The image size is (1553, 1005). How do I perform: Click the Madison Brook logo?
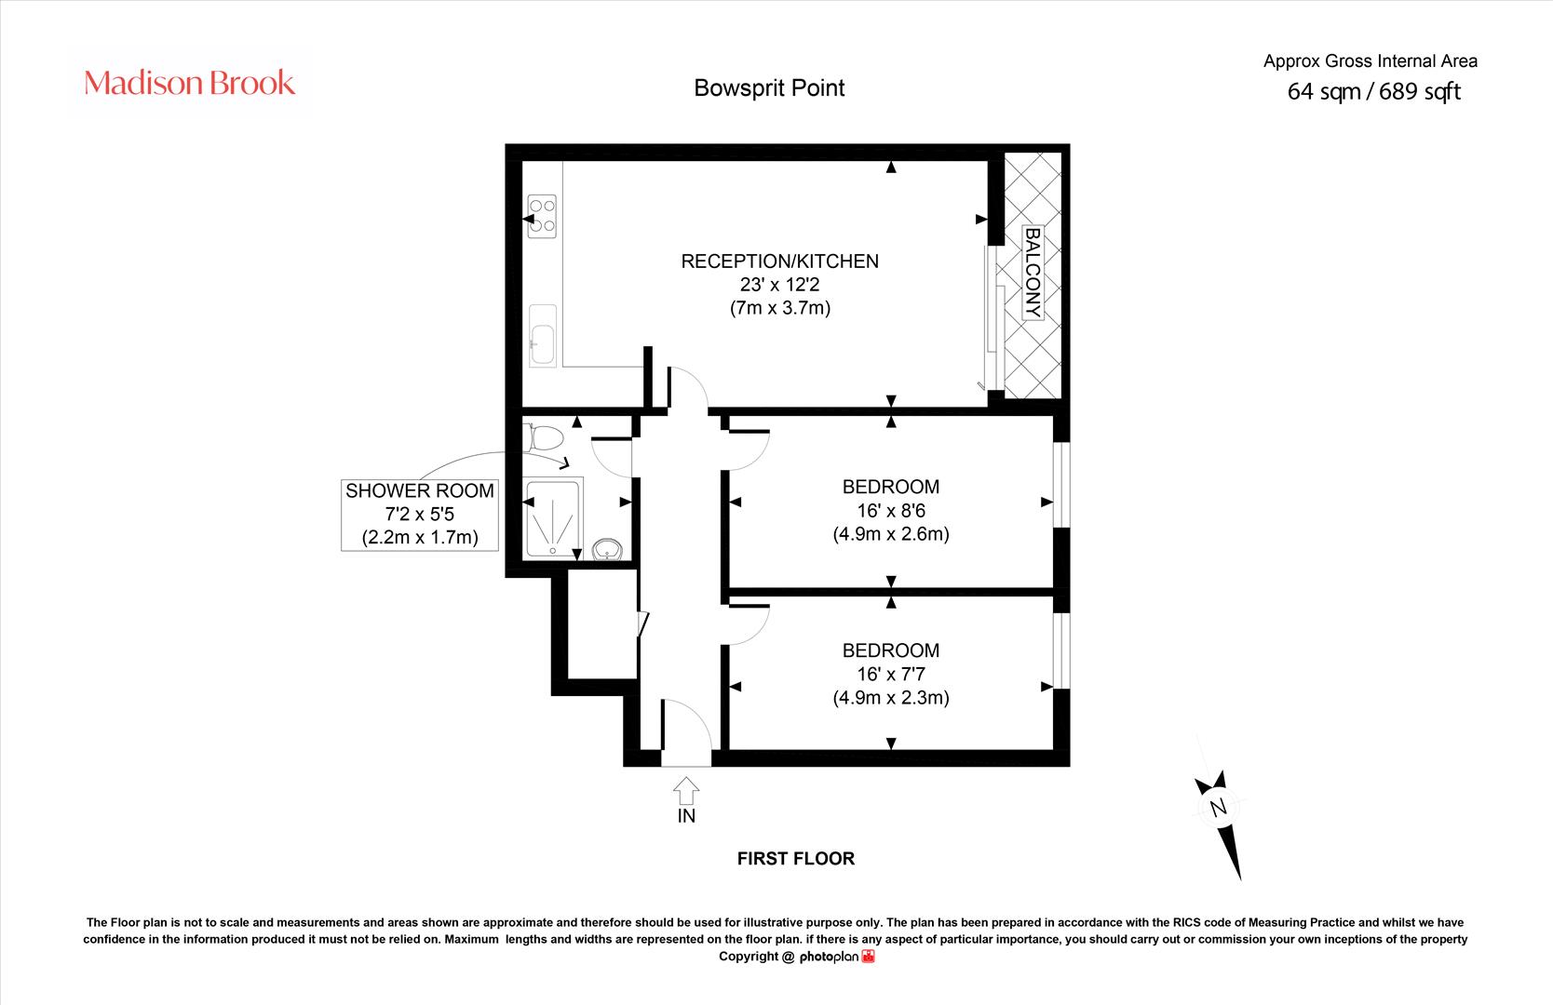(x=189, y=83)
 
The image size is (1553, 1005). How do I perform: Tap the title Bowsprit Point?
(x=769, y=88)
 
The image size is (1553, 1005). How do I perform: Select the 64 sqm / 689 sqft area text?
(x=1373, y=91)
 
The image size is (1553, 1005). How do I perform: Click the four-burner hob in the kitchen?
(x=542, y=216)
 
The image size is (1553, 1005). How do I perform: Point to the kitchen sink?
(x=542, y=335)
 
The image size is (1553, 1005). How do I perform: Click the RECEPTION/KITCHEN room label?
(x=780, y=261)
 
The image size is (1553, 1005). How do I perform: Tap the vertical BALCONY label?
(x=1033, y=273)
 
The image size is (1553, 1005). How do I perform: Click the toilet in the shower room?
(x=545, y=438)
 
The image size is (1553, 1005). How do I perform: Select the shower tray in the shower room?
(x=552, y=517)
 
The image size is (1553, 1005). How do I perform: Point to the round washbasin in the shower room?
(x=608, y=550)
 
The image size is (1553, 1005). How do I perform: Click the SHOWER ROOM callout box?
(x=420, y=515)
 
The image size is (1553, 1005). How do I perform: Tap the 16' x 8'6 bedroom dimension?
(x=891, y=511)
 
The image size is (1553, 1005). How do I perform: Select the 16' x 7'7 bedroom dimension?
(x=891, y=674)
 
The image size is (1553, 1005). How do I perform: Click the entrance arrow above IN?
(x=685, y=790)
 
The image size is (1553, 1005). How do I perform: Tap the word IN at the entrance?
(x=686, y=816)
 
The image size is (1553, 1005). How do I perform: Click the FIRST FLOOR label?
(x=796, y=859)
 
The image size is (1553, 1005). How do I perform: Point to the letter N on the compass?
(x=1218, y=808)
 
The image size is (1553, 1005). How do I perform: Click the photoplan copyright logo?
(x=838, y=957)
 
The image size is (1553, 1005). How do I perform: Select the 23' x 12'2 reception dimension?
(x=780, y=285)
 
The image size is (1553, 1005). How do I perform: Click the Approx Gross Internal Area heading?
(x=1370, y=61)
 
